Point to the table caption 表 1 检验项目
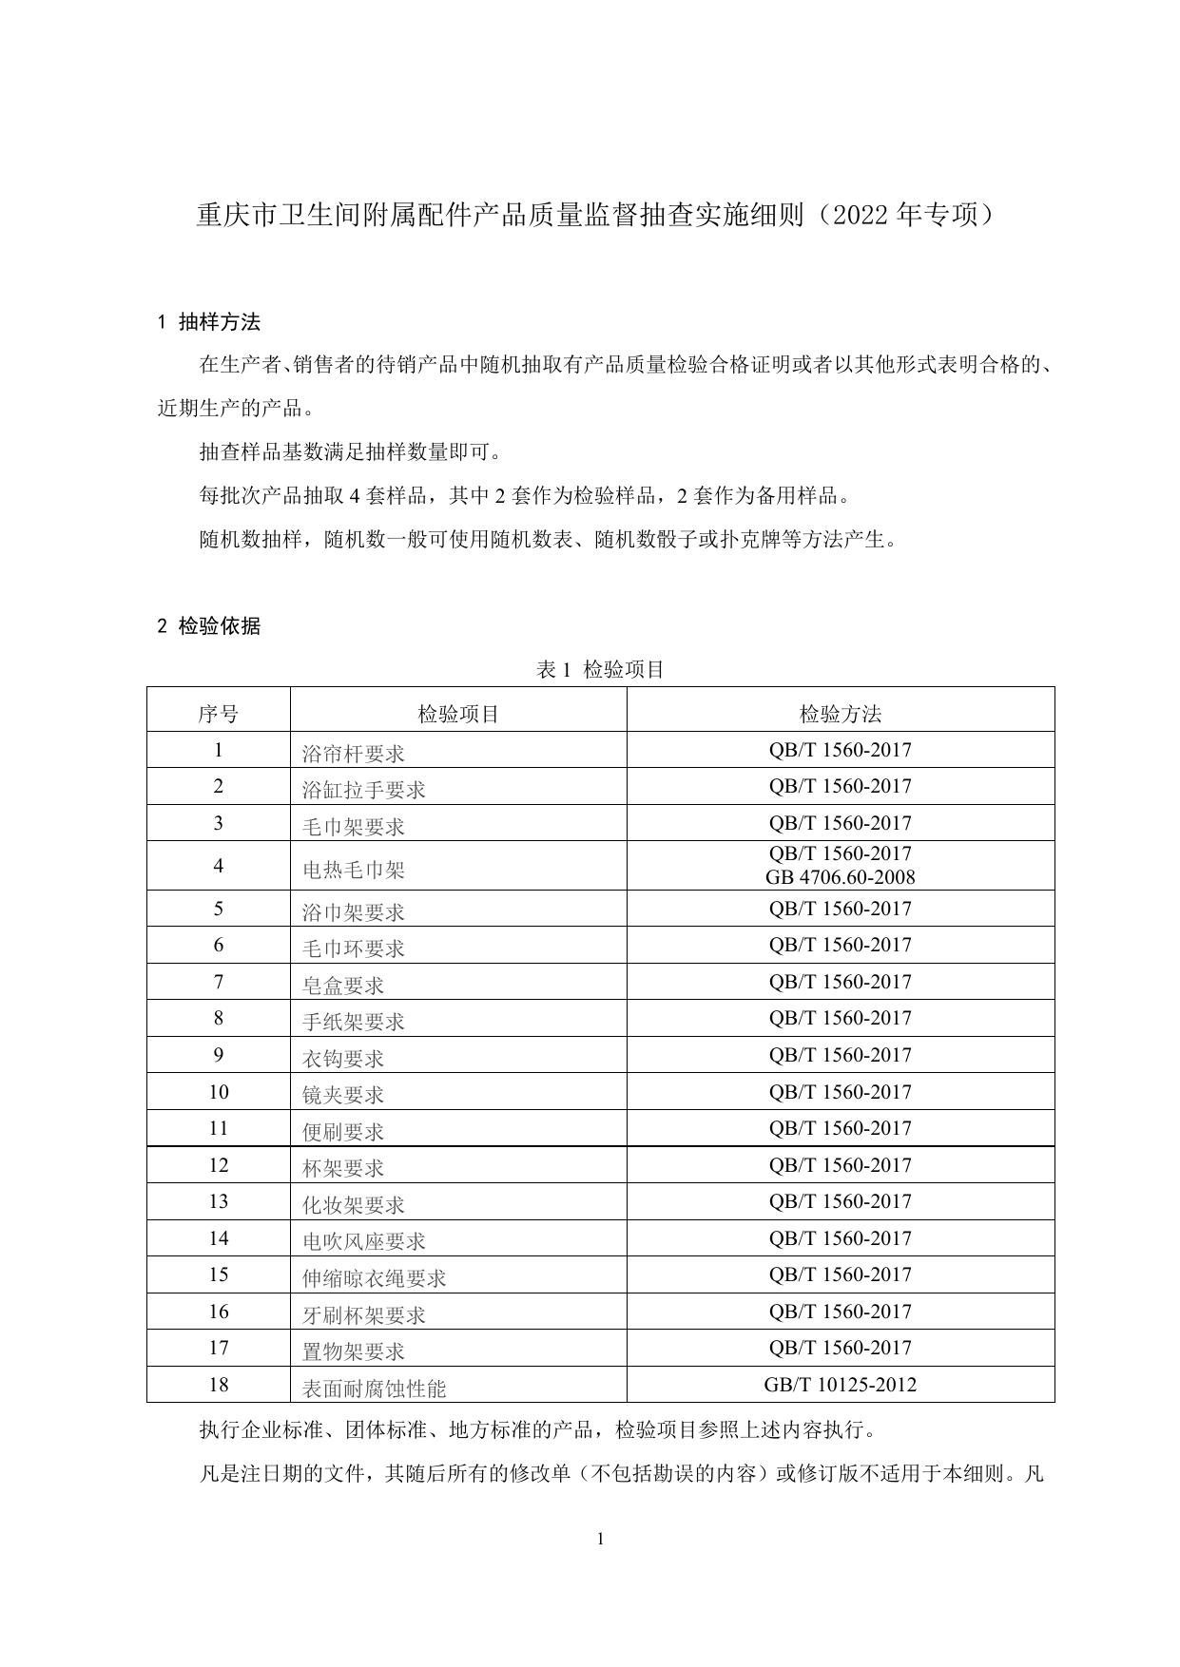600,670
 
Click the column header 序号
218,714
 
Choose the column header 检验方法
840,714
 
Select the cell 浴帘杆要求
353,754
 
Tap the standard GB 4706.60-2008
840,877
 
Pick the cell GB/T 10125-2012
840,1385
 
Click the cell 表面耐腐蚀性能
374,1389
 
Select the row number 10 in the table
218,1092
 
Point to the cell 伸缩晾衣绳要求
374,1278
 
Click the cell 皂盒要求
343,986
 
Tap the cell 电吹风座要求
363,1241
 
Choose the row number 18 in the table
218,1385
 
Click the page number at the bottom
600,1540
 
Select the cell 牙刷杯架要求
363,1315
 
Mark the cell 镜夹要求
343,1095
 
